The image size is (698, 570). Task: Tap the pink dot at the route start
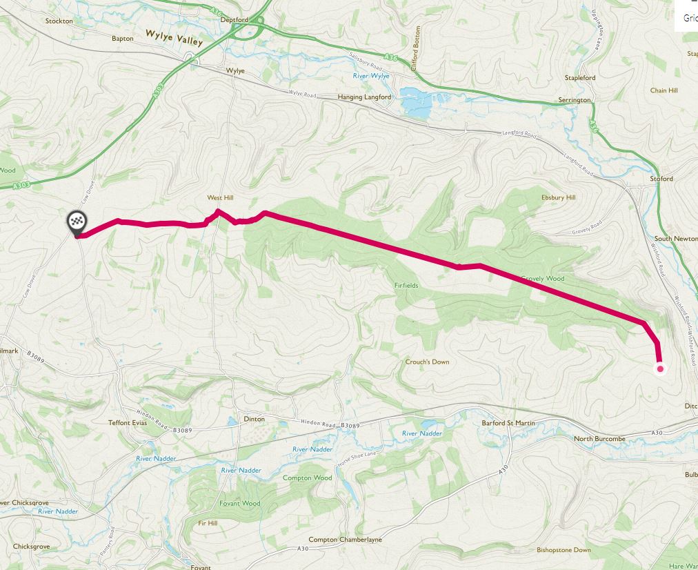pyautogui.click(x=660, y=368)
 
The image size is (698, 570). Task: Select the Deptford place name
pyautogui.click(x=233, y=20)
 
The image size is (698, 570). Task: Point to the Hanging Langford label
pyautogui.click(x=364, y=97)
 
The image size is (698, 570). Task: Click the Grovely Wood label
pyautogui.click(x=542, y=279)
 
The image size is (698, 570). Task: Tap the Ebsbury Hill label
pyautogui.click(x=558, y=197)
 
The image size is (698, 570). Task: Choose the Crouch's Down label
pyautogui.click(x=427, y=362)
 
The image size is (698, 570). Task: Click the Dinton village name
pyautogui.click(x=254, y=419)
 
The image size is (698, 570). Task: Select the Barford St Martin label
pyautogui.click(x=508, y=423)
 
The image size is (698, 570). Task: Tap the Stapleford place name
pyautogui.click(x=579, y=78)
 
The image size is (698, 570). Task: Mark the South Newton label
pyautogui.click(x=675, y=239)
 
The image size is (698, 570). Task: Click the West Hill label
pyautogui.click(x=220, y=198)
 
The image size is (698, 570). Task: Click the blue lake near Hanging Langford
pyautogui.click(x=418, y=104)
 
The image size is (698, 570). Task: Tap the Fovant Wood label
pyautogui.click(x=239, y=503)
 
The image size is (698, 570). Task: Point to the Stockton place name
pyautogui.click(x=59, y=21)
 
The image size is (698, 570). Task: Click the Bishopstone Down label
pyautogui.click(x=564, y=550)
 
